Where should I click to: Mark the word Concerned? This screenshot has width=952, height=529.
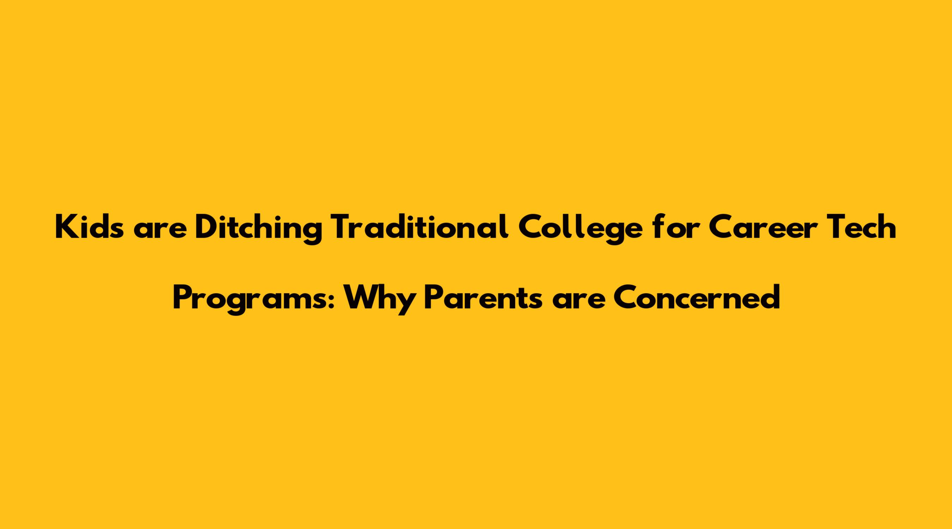[x=697, y=298]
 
